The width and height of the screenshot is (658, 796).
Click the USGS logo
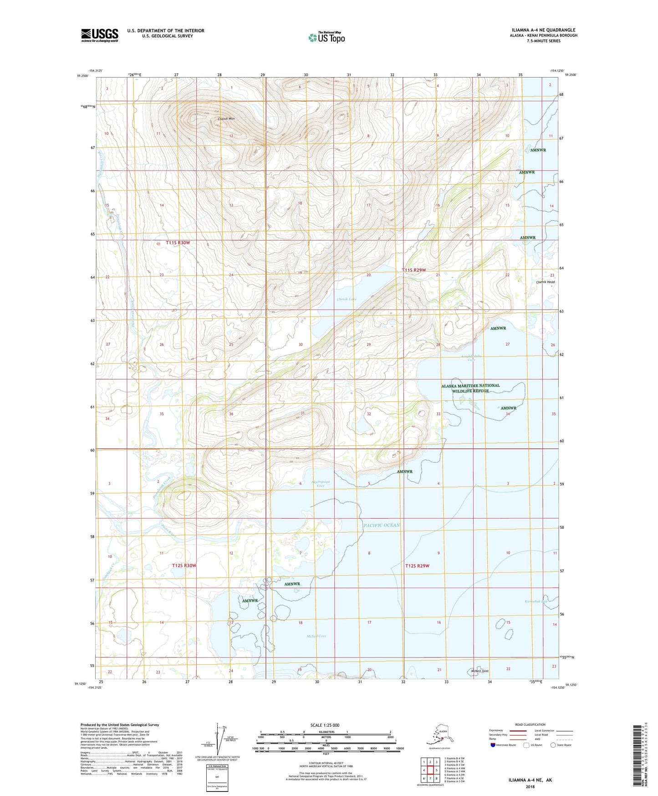coord(99,35)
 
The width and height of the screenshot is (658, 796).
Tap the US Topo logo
coord(326,37)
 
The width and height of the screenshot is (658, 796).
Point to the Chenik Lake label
coord(347,299)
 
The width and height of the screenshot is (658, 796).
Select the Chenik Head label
coord(545,282)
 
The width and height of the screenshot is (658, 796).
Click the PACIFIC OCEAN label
coord(382,525)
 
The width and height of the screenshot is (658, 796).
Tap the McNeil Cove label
coord(316,636)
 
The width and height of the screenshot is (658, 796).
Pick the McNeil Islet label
coord(479,671)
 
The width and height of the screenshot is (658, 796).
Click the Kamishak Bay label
coord(536,601)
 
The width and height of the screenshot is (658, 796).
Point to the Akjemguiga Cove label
coord(321,483)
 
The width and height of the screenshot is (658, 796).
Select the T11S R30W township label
coord(178,243)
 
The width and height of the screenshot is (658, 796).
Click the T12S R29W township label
coord(417,566)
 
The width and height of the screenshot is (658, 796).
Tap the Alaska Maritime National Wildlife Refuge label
coord(470,388)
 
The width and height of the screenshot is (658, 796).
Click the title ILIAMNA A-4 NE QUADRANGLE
coord(543,30)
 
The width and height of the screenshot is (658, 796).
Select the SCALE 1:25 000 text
coord(325,725)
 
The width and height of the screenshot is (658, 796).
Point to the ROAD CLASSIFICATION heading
coord(530,724)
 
